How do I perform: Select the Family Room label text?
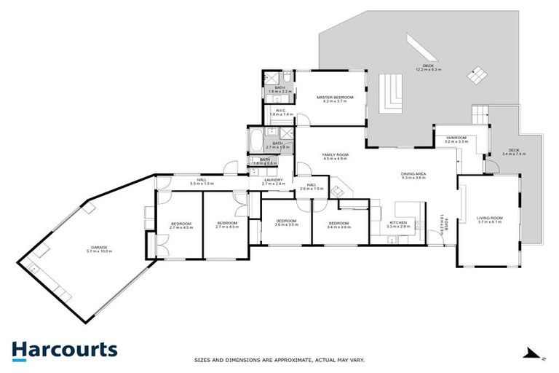point(336,156)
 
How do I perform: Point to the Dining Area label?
point(413,175)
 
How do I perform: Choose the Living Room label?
point(490,219)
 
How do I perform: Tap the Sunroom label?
point(456,138)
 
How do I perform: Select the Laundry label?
point(274,182)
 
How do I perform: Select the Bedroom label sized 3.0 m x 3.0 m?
point(286,224)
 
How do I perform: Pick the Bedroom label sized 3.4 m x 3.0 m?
point(339,224)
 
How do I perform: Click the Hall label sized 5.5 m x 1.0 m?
point(201,182)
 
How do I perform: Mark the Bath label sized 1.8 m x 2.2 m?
point(279,89)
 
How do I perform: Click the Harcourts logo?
point(64,349)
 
